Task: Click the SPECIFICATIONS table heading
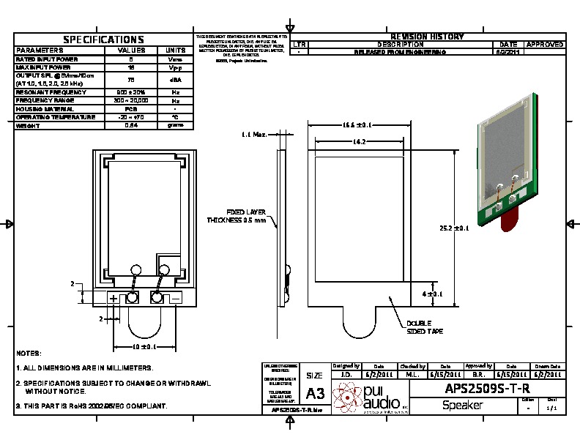pos(103,40)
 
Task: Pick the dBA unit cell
pos(175,80)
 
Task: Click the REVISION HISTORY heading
pos(427,37)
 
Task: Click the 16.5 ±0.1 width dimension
pos(357,125)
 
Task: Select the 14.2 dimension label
pos(359,141)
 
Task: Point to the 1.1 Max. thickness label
pos(253,135)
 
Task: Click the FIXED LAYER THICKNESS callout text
pos(237,215)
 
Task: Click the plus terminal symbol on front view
pos(114,298)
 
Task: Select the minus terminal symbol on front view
pos(176,298)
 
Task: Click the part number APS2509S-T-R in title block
pos(487,387)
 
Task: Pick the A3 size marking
pos(315,393)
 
